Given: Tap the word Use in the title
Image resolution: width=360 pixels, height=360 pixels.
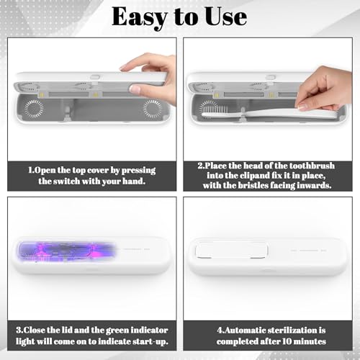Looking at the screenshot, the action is click(x=226, y=17).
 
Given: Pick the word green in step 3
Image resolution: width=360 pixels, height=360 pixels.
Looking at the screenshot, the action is click(x=117, y=330).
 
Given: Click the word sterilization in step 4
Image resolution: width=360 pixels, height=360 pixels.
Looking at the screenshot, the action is click(x=292, y=330).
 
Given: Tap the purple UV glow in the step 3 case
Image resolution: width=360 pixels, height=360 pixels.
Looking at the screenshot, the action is click(x=66, y=252).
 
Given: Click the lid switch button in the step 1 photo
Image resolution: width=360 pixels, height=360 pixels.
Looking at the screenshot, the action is click(x=95, y=77).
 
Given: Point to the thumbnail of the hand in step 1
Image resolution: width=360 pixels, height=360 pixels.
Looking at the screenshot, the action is click(x=135, y=89).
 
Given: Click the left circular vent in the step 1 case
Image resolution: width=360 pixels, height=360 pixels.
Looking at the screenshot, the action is click(x=34, y=109).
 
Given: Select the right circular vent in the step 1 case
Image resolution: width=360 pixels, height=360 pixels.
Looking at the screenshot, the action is click(x=153, y=109).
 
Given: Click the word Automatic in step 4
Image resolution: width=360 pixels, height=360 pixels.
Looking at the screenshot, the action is click(x=242, y=330).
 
